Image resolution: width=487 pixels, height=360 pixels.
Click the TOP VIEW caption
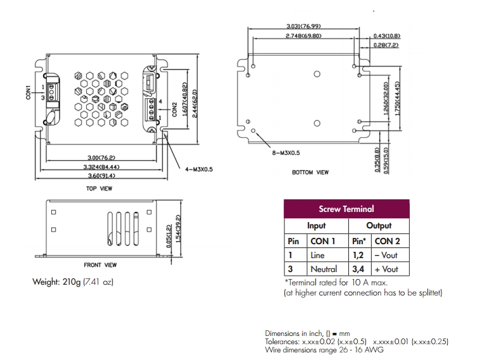(x=99, y=189)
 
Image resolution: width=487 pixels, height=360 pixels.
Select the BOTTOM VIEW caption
(x=310, y=172)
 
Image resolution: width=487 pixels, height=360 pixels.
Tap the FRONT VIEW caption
(x=100, y=265)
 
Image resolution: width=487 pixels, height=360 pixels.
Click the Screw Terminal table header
(x=346, y=209)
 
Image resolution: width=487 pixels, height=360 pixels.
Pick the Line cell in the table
(x=317, y=256)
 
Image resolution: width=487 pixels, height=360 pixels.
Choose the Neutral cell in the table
(x=323, y=270)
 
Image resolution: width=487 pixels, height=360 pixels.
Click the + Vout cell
(x=386, y=270)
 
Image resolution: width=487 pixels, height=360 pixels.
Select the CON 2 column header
(x=387, y=241)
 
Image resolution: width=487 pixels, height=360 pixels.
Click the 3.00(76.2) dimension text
(x=101, y=157)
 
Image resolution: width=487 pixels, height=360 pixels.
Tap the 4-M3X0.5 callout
(x=199, y=169)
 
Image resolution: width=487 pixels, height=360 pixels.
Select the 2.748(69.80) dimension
(x=304, y=36)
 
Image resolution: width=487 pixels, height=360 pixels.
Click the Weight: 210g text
(x=73, y=282)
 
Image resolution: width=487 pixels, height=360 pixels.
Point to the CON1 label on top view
(x=28, y=92)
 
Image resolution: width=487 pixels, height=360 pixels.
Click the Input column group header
(x=316, y=225)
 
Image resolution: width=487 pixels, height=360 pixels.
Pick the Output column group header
(x=378, y=225)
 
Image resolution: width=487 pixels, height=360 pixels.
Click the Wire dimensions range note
(x=324, y=350)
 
